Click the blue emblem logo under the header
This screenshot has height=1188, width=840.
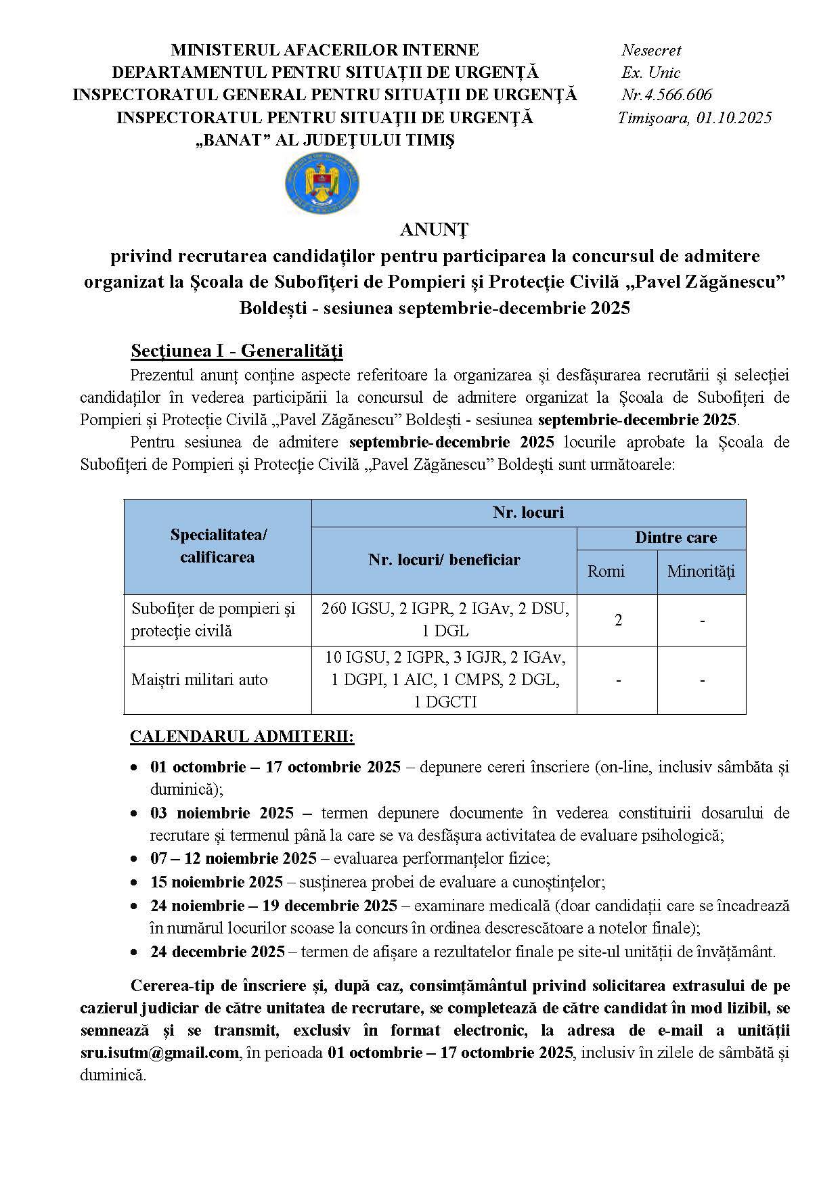tap(322, 183)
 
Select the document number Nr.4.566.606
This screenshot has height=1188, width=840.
tap(666, 95)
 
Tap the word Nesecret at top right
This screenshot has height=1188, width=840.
tap(651, 50)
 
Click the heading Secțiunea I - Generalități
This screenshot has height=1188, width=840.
tap(237, 351)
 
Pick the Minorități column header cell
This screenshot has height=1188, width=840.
tap(701, 571)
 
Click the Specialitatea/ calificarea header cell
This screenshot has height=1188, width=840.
tap(217, 546)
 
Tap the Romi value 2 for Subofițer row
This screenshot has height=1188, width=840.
tap(618, 620)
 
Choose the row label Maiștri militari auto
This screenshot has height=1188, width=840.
tap(200, 680)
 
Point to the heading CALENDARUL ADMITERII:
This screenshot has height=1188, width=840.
tap(242, 736)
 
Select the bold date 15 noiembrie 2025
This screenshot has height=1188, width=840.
tap(217, 883)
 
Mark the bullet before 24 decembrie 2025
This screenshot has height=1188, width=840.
tap(135, 952)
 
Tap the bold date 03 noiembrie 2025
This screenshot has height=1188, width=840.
tap(222, 813)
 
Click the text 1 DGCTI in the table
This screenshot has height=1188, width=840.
tap(445, 703)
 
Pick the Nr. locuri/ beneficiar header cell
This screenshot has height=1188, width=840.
tap(444, 560)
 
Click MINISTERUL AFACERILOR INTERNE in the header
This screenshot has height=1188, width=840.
tap(324, 50)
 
